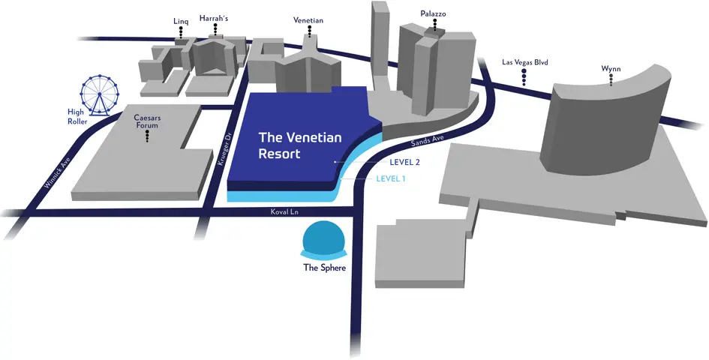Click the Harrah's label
[215, 17]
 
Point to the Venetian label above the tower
[309, 20]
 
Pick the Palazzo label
[434, 14]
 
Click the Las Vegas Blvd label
[525, 62]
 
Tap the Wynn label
[611, 68]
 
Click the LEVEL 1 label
[390, 178]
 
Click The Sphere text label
[324, 268]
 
